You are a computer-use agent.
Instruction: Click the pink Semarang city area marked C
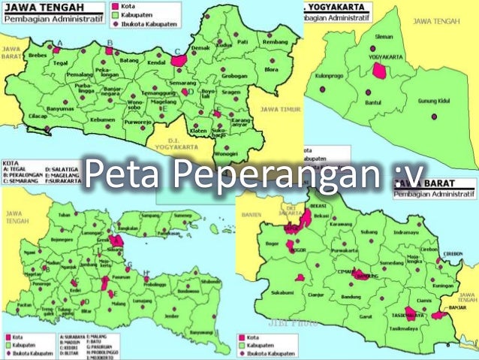179,59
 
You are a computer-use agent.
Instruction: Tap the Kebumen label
102,119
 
